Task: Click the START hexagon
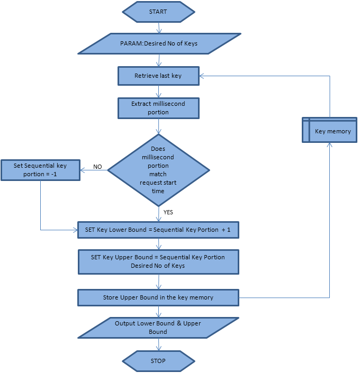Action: coord(158,12)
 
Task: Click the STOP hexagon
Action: coord(158,361)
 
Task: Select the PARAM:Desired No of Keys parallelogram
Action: coord(159,43)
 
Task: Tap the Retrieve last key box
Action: coord(158,76)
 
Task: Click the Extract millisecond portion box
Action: coord(158,108)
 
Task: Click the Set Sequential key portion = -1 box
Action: coord(40,170)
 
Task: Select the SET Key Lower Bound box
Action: coord(158,230)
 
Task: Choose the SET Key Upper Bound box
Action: coord(158,261)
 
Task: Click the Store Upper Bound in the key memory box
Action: coord(158,297)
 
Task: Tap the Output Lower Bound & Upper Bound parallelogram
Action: coord(158,328)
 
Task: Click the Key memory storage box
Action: coord(329,131)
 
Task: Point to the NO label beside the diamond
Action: coord(97,167)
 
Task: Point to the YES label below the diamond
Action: coord(168,212)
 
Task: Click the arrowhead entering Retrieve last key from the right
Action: coord(202,76)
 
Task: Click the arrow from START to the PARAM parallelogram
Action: coord(158,28)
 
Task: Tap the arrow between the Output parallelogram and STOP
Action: coord(158,344)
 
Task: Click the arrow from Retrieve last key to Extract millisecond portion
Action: coord(158,92)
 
